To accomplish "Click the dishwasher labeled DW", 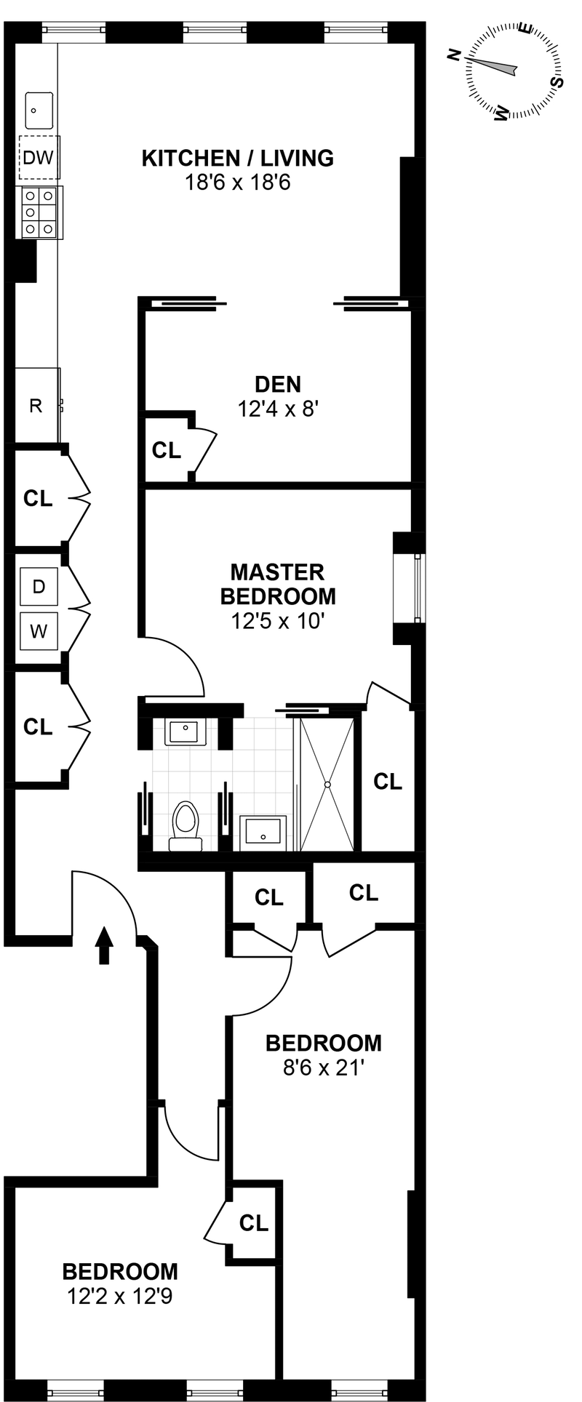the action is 39,157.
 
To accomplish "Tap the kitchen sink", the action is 39,111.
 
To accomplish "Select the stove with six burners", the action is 39,212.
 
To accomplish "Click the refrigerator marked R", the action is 36,406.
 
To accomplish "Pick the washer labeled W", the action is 39,631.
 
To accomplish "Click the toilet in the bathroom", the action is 186,825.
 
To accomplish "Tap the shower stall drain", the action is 327,785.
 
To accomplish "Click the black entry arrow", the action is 105,945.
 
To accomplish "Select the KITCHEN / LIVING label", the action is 237,158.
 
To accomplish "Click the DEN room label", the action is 278,384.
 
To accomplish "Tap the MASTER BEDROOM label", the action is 278,584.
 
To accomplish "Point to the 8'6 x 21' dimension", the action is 323,1068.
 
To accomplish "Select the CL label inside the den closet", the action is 166,451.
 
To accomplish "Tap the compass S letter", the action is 558,81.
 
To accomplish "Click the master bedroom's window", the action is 417,588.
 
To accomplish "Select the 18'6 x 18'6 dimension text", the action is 237,183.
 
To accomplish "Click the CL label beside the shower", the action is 387,782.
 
